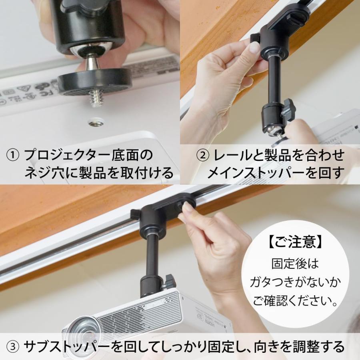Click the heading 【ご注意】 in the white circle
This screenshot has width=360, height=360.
click(x=296, y=242)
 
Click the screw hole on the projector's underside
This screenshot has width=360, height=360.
click(x=96, y=122)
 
